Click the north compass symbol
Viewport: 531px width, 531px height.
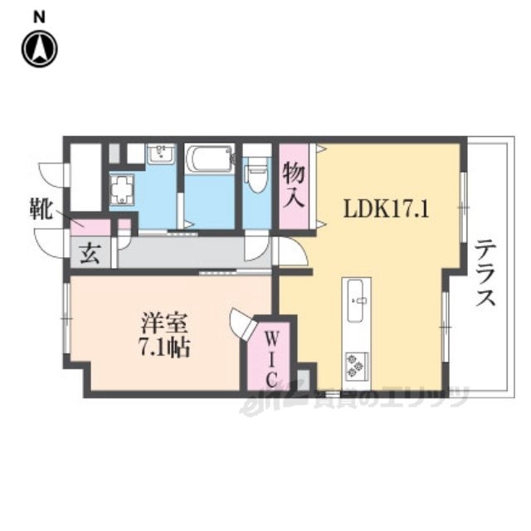(x=39, y=49)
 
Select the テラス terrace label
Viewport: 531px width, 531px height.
(x=485, y=273)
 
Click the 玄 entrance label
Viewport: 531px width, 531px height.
(x=89, y=254)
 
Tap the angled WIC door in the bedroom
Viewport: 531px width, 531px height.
(x=240, y=324)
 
